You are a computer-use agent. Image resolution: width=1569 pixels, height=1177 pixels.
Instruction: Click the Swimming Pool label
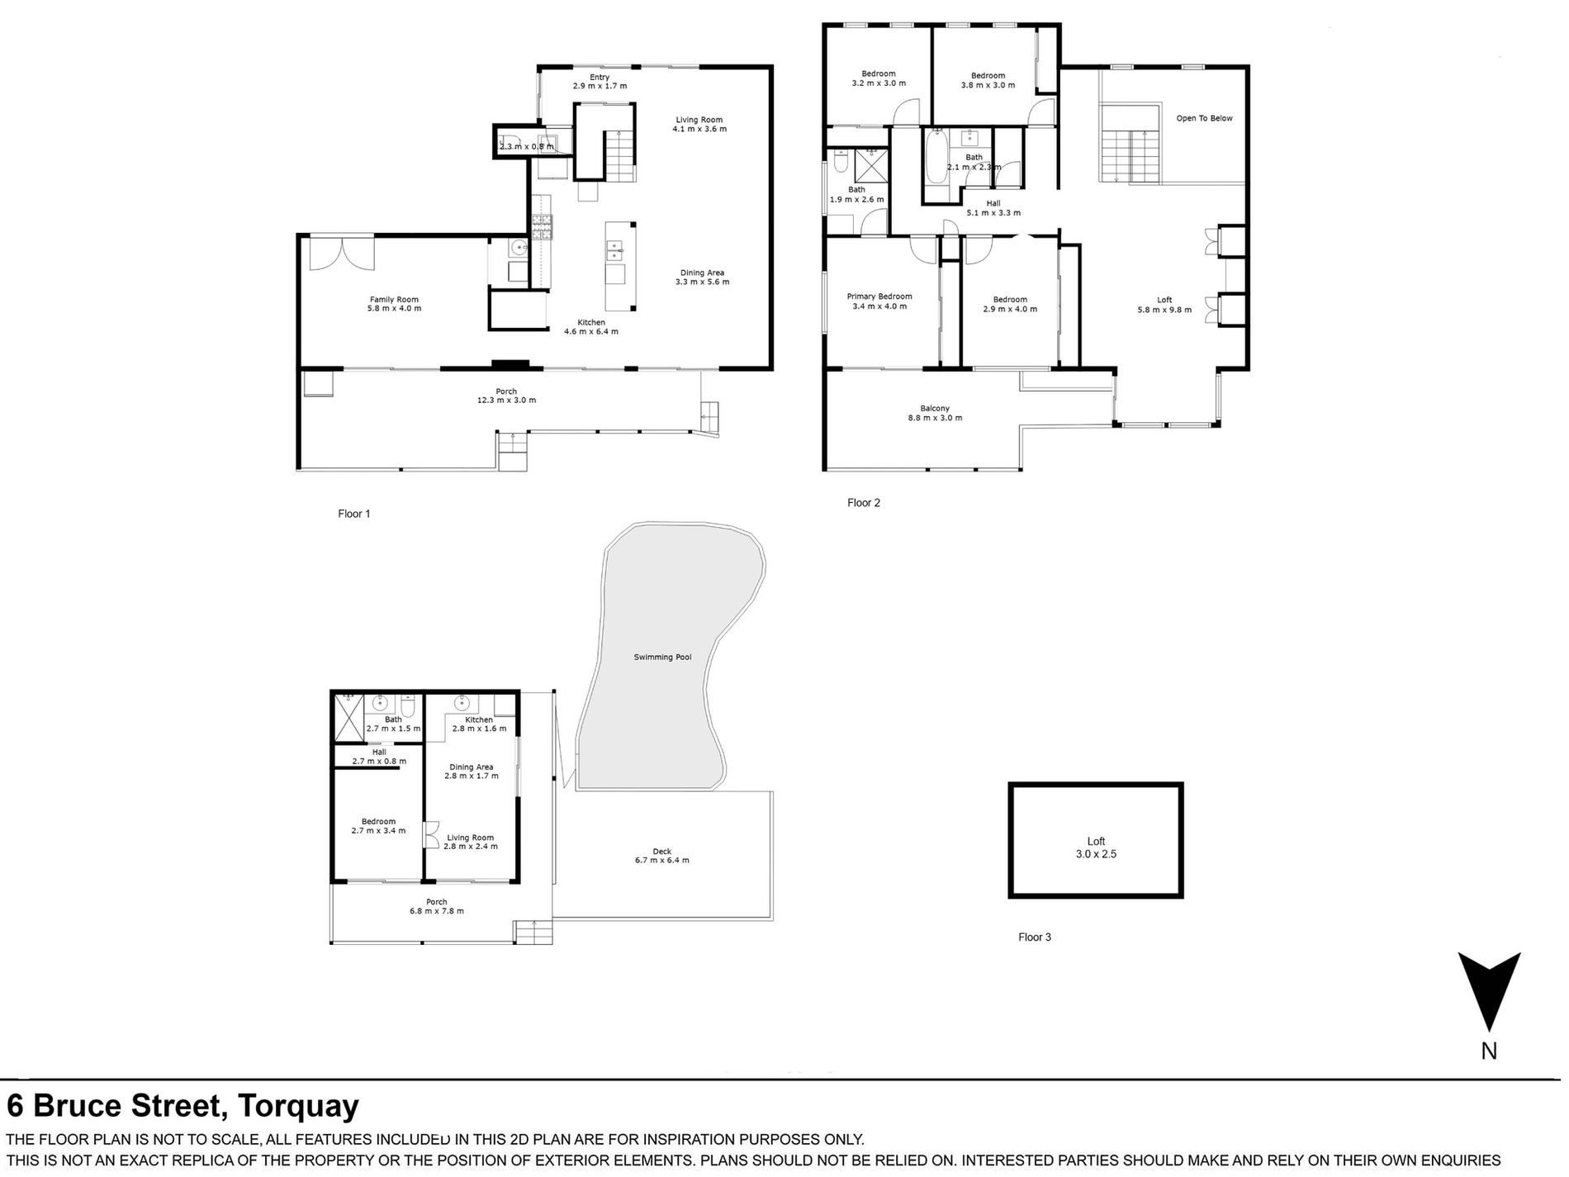(x=662, y=657)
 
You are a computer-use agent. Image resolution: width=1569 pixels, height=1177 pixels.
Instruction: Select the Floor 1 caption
(x=354, y=514)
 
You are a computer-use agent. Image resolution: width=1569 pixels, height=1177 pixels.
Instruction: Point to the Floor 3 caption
(x=1035, y=937)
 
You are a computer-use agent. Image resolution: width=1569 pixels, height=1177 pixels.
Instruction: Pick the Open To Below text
(x=1204, y=118)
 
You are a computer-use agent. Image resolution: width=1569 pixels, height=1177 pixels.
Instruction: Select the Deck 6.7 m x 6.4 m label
(x=661, y=856)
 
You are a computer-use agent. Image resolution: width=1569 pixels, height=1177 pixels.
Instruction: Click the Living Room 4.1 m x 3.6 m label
(x=699, y=125)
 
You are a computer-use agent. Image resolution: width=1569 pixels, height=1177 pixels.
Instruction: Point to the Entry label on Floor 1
(x=600, y=78)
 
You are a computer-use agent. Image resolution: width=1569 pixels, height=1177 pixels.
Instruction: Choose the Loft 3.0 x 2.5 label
(x=1096, y=847)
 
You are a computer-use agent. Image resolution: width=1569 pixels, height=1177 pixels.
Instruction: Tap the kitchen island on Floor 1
(x=619, y=264)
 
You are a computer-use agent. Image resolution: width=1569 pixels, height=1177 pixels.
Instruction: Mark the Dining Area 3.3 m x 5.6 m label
(x=702, y=278)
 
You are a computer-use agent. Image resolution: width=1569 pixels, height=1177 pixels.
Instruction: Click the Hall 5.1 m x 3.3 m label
(x=993, y=207)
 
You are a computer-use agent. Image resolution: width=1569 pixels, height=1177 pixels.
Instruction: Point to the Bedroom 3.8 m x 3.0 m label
(x=988, y=80)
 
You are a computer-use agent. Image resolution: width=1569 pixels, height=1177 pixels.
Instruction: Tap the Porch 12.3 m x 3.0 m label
(x=506, y=396)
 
